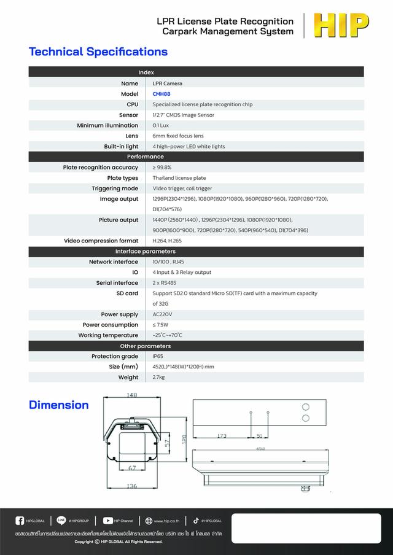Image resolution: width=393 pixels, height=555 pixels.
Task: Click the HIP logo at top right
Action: (341, 26)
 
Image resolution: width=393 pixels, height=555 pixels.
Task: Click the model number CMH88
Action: (162, 94)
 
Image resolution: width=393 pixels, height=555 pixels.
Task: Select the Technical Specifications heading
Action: (98, 52)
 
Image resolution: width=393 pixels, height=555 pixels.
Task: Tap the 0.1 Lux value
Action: (161, 125)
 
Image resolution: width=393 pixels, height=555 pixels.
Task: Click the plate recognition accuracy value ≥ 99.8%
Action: (162, 167)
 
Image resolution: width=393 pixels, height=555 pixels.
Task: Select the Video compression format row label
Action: (101, 241)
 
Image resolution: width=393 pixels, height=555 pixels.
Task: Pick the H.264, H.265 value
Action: (167, 241)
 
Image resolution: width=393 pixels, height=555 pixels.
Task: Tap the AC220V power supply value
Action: (163, 314)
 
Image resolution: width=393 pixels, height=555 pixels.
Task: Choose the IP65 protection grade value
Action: (158, 356)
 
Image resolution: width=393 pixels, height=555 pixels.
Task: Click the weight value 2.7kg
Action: (158, 377)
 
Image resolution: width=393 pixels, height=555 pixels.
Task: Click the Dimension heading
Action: (59, 405)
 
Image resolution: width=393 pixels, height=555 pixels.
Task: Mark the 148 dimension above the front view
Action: (131, 395)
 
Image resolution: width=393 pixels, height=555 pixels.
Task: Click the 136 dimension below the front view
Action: (131, 486)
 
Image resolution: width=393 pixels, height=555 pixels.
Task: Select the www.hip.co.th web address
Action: (166, 521)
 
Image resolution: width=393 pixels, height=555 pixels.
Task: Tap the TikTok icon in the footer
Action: (196, 521)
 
